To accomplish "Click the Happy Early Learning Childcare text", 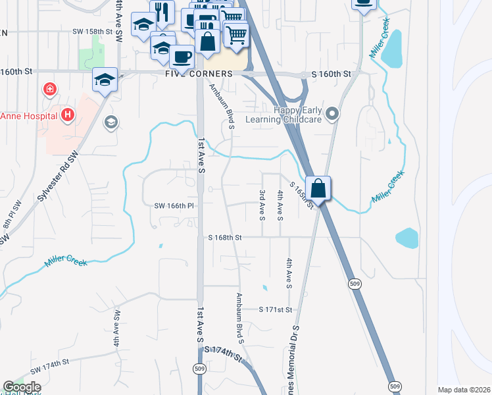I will click(x=283, y=115).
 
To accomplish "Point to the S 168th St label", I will click(x=226, y=237).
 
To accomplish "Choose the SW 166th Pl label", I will click(x=175, y=205).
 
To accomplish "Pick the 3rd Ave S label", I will click(x=262, y=205).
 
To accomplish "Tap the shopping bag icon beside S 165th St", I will click(x=318, y=188).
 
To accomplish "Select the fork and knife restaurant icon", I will click(x=161, y=12).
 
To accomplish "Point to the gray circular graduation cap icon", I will click(x=111, y=122).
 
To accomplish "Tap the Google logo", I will click(x=22, y=387).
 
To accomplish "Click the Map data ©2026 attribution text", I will click(x=464, y=390).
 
